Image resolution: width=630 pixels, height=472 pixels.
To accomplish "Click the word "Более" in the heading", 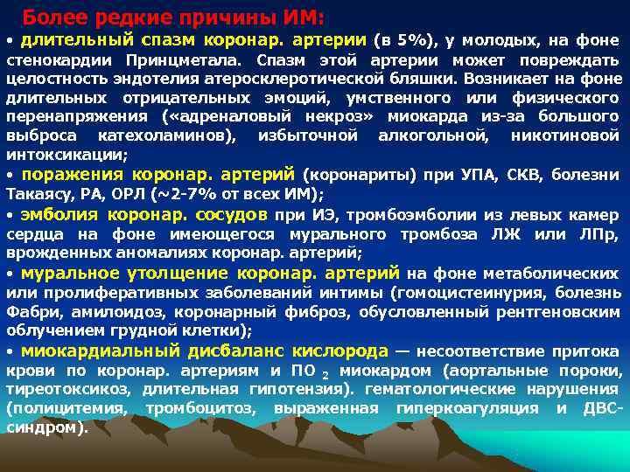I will click(49, 17).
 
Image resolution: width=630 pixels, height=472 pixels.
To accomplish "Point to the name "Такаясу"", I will click(38, 194).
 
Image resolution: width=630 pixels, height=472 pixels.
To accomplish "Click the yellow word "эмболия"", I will click(59, 214).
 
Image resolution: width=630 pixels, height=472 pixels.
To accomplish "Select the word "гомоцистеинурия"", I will click(459, 292).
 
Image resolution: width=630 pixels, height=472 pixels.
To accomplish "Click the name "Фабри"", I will click(28, 311).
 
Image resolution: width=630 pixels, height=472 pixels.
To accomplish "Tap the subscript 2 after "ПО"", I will click(325, 374).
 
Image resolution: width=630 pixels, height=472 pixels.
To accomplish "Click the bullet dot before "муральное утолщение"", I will click(10, 274).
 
